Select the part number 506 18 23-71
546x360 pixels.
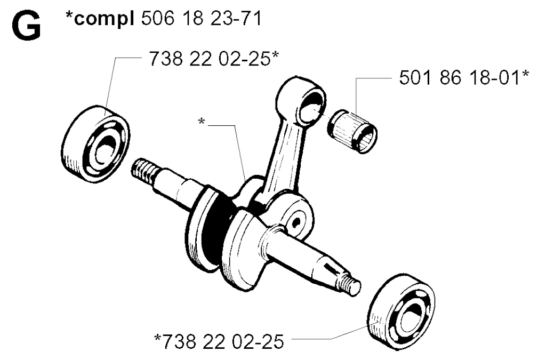201,18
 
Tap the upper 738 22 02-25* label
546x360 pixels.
214,58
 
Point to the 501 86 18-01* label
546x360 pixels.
464,77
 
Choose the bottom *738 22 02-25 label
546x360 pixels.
219,341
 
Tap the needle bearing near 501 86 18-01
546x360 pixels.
352,131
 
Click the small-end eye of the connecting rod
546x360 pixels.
302,100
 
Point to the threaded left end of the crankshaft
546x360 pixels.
143,171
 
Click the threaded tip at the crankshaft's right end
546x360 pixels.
350,284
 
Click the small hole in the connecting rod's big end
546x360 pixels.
297,222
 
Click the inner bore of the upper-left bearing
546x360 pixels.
105,148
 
